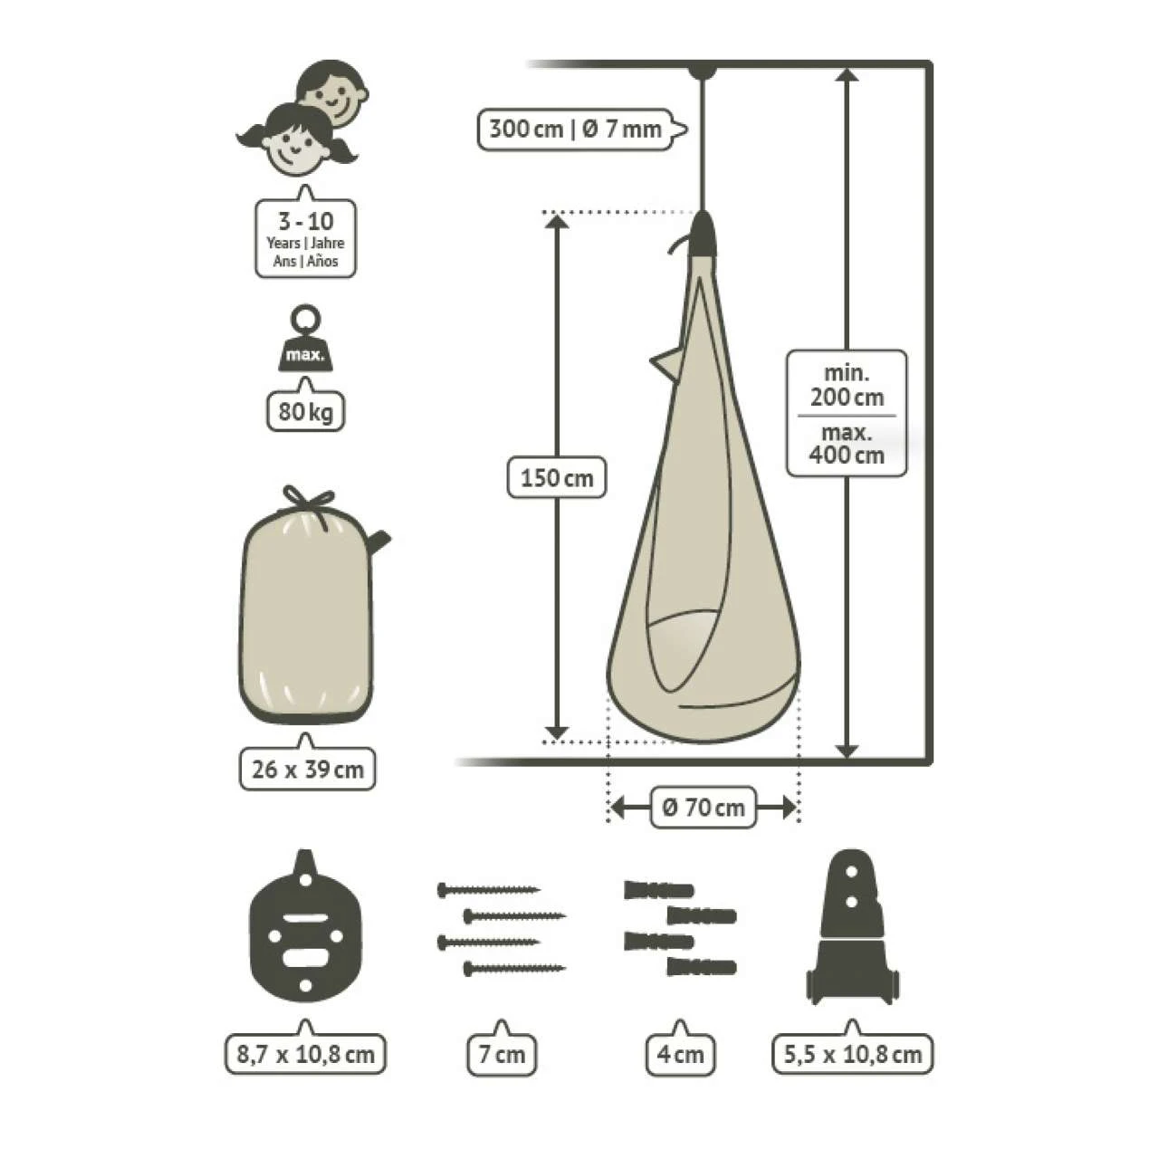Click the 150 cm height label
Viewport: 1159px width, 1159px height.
[x=556, y=478]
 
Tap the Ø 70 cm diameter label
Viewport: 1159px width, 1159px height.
[x=704, y=807]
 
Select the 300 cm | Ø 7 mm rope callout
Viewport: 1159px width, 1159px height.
[x=581, y=129]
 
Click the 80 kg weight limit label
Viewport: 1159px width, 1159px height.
[x=305, y=411]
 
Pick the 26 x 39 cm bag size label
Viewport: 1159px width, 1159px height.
[x=307, y=770]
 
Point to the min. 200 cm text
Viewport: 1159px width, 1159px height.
[x=847, y=386]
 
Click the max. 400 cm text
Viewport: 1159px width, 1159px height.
[x=847, y=444]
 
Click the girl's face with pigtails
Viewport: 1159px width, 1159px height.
[x=296, y=140]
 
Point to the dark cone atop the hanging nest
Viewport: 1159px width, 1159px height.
[x=703, y=234]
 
